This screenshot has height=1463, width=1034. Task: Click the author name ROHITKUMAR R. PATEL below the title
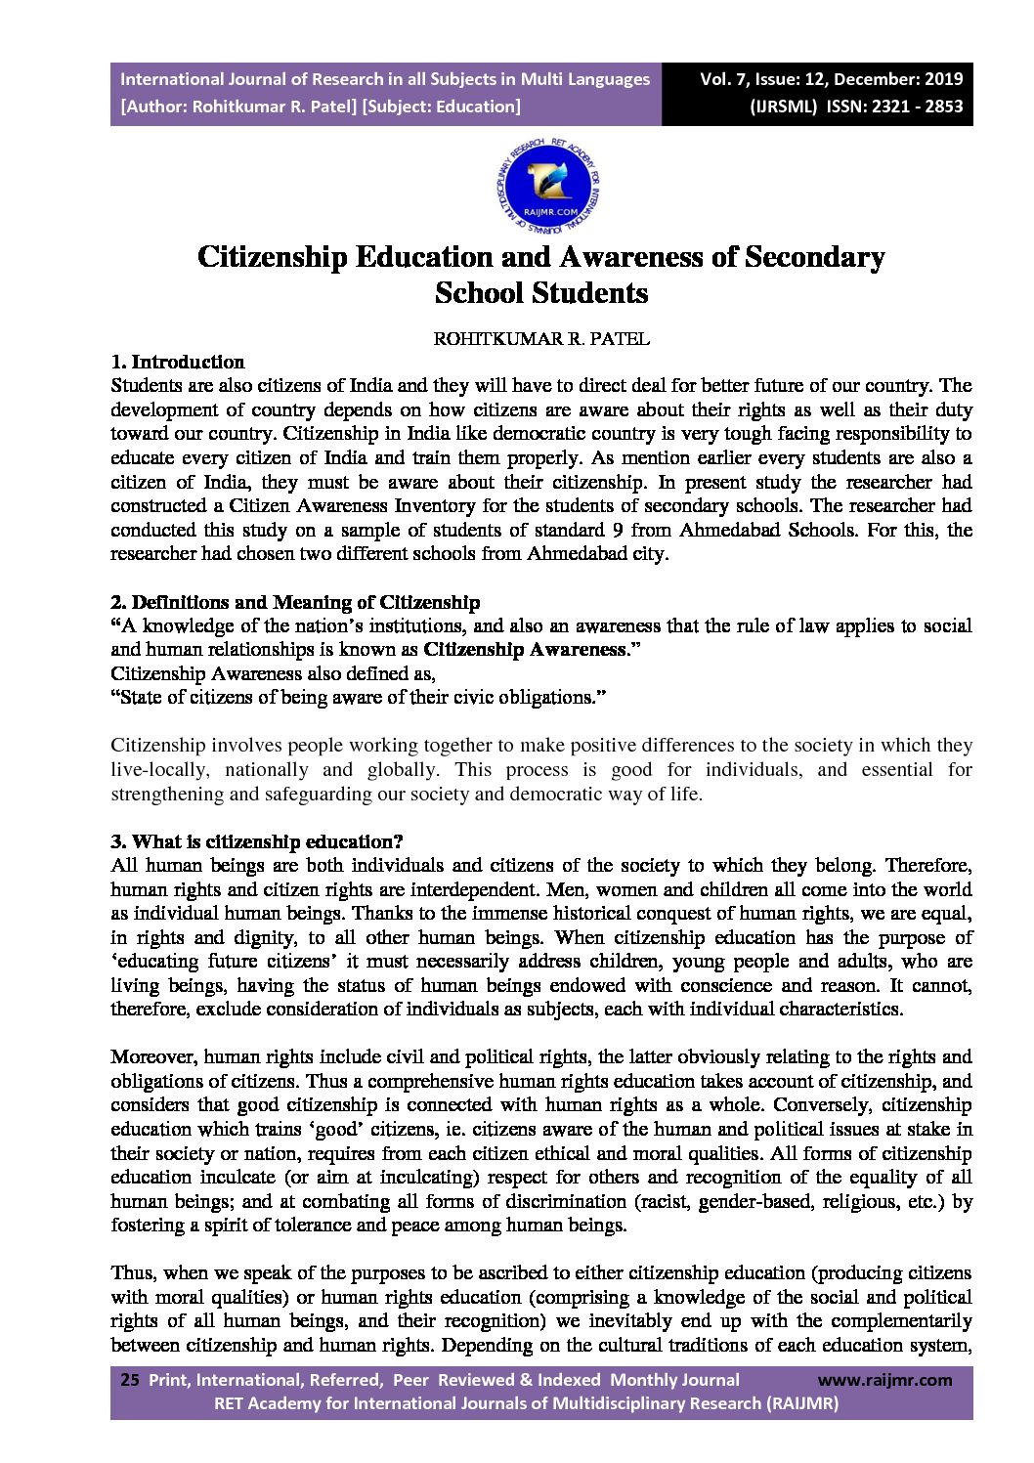(541, 339)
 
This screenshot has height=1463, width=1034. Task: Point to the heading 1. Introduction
(177, 363)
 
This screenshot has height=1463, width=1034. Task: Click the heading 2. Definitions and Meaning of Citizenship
(295, 602)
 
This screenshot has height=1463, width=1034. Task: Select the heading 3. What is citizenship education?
(257, 841)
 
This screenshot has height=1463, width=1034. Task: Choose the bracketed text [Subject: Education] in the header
(441, 107)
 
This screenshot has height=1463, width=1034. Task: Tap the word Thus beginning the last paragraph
(133, 1272)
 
